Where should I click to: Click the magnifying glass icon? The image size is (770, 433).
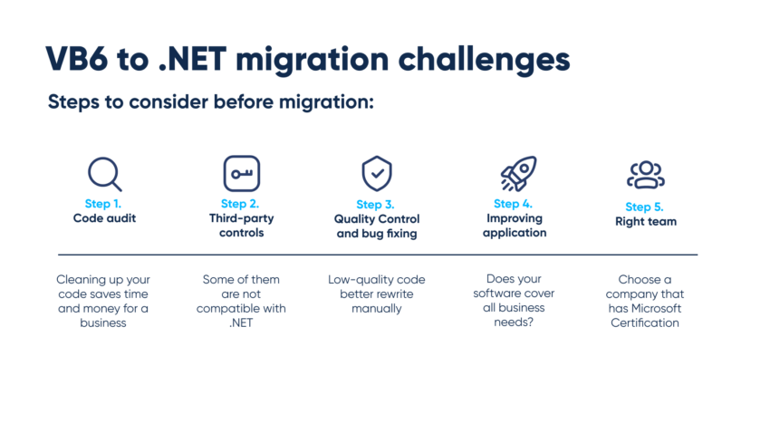point(104,173)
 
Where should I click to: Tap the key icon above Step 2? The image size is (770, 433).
point(241,173)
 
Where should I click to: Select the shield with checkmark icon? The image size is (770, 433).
point(376,172)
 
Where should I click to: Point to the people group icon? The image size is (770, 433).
point(646,175)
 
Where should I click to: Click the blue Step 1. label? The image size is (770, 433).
point(103,204)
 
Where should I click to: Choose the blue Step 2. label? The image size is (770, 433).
point(240,204)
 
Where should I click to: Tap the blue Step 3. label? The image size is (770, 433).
point(375,205)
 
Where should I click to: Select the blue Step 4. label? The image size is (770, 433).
point(513,204)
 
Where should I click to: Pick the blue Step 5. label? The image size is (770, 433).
point(645,207)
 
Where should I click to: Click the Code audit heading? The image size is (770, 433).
point(103,218)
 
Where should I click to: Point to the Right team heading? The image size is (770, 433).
point(645,221)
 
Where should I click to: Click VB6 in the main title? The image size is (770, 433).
point(76,59)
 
